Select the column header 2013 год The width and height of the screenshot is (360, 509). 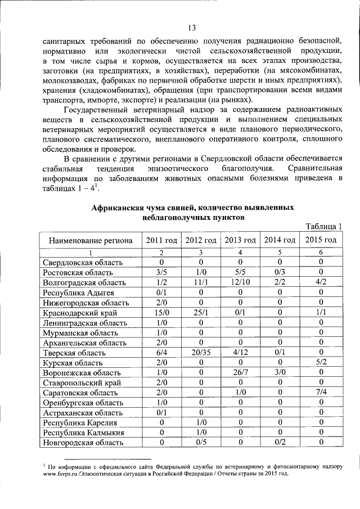click(x=240, y=240)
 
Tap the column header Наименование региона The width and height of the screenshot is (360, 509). click(x=91, y=240)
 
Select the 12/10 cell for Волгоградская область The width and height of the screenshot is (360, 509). click(x=240, y=282)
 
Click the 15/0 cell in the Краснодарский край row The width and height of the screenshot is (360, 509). click(x=161, y=313)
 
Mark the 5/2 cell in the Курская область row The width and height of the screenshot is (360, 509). click(x=320, y=363)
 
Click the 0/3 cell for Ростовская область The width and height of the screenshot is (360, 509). click(x=280, y=273)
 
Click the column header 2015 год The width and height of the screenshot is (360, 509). click(x=320, y=240)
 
